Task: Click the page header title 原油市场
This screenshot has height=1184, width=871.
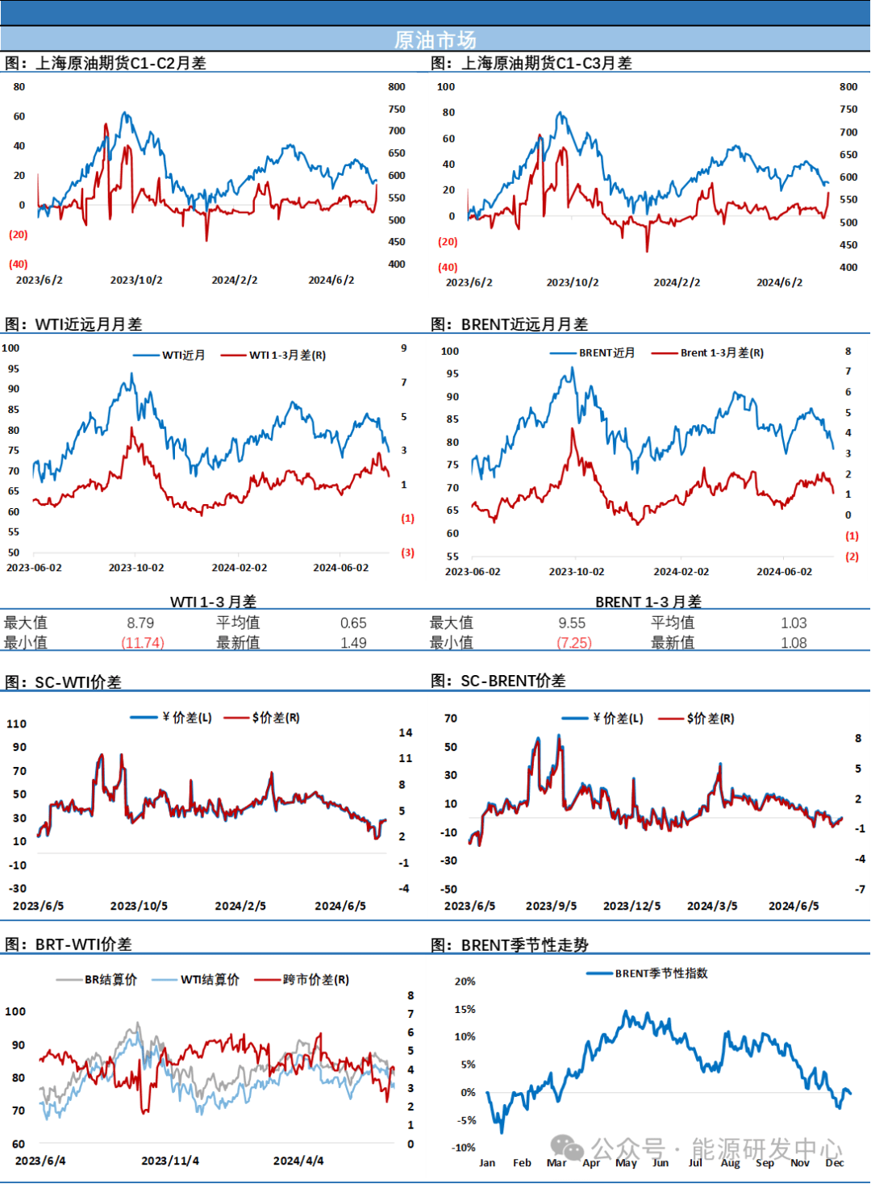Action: (x=435, y=40)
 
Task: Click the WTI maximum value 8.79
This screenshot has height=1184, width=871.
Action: (x=140, y=623)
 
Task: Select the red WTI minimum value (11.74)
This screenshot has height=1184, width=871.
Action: (x=143, y=643)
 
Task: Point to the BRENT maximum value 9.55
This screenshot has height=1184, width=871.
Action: (x=572, y=623)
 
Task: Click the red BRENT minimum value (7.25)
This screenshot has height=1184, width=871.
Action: (x=574, y=643)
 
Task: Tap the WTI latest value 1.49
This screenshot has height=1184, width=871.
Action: (x=353, y=643)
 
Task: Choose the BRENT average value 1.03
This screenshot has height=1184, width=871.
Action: (x=794, y=623)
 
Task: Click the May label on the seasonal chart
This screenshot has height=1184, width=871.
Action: (x=626, y=1162)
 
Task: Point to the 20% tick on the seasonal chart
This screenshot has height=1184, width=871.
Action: (x=465, y=982)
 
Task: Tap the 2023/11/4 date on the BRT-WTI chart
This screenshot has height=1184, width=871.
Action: (x=170, y=1161)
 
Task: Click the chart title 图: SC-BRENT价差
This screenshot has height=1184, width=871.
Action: (x=498, y=681)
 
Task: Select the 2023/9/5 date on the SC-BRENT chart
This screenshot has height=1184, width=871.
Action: (x=551, y=906)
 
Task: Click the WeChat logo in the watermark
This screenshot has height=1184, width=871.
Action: (x=568, y=1148)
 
